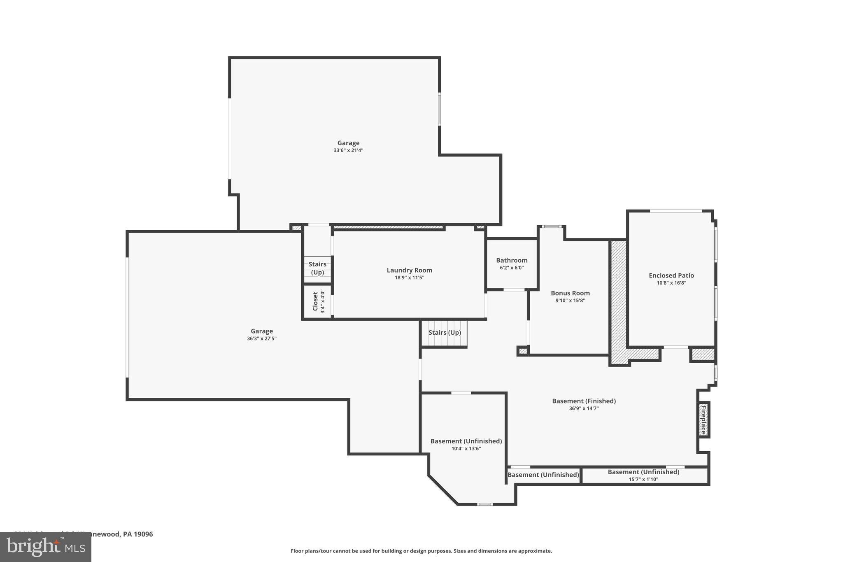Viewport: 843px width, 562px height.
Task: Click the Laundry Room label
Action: tap(409, 270)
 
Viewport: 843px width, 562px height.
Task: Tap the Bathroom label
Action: tap(512, 260)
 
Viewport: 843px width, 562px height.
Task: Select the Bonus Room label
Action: tap(570, 293)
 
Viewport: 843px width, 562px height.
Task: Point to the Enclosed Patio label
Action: tap(671, 275)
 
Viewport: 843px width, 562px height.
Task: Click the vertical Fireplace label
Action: tap(703, 419)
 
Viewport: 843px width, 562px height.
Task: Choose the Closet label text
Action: tap(315, 301)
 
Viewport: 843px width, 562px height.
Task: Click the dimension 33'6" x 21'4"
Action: tap(348, 151)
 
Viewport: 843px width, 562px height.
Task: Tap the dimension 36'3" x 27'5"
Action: tap(261, 338)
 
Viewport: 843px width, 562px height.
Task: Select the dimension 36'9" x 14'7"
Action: tap(583, 408)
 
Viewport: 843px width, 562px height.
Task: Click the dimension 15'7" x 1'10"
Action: tap(643, 479)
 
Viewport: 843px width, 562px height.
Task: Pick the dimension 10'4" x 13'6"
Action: tap(466, 449)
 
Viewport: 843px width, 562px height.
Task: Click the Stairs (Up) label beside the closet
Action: tap(317, 268)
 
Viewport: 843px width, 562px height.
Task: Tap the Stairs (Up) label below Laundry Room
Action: tap(445, 332)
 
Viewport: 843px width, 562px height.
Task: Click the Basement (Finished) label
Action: tap(584, 401)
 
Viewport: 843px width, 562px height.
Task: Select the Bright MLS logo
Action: tap(45, 547)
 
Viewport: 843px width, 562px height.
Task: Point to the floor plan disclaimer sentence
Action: tap(421, 551)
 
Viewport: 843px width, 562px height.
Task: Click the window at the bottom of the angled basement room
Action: tap(484, 504)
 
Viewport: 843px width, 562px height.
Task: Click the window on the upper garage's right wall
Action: tap(439, 109)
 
